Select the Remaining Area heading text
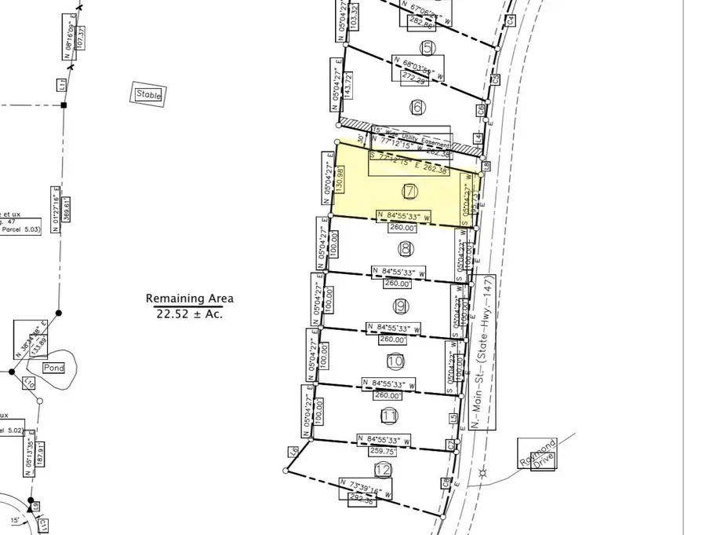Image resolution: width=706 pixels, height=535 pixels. click(x=189, y=299)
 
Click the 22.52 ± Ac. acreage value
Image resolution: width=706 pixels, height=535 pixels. click(x=189, y=313)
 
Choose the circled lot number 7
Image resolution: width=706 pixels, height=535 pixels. click(x=409, y=191)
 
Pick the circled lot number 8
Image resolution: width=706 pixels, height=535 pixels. click(x=405, y=249)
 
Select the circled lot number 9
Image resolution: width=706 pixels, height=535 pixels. click(x=400, y=306)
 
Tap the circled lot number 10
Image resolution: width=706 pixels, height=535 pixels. click(x=395, y=361)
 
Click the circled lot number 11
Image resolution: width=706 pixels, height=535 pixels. click(x=390, y=416)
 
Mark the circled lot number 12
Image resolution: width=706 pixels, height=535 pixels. click(x=384, y=470)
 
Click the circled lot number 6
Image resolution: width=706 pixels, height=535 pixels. click(x=417, y=107)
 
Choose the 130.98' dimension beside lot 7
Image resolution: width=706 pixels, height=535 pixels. click(x=340, y=178)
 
